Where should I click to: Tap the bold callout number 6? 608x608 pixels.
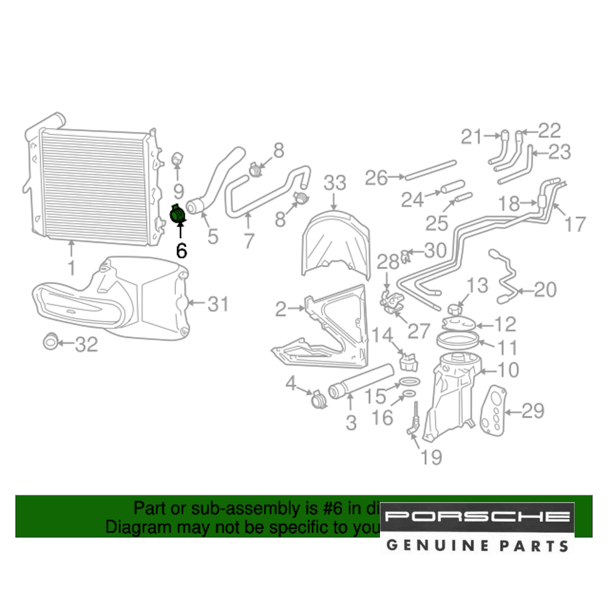(x=181, y=250)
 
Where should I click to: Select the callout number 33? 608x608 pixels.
(x=334, y=183)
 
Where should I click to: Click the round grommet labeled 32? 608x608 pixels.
(x=51, y=342)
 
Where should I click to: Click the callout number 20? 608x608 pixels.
(x=544, y=290)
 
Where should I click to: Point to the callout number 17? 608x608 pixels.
(x=574, y=224)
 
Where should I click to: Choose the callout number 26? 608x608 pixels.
(x=377, y=178)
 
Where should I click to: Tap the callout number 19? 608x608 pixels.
(x=431, y=457)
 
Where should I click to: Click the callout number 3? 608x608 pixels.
(x=351, y=423)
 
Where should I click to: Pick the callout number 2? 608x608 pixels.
(x=280, y=310)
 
